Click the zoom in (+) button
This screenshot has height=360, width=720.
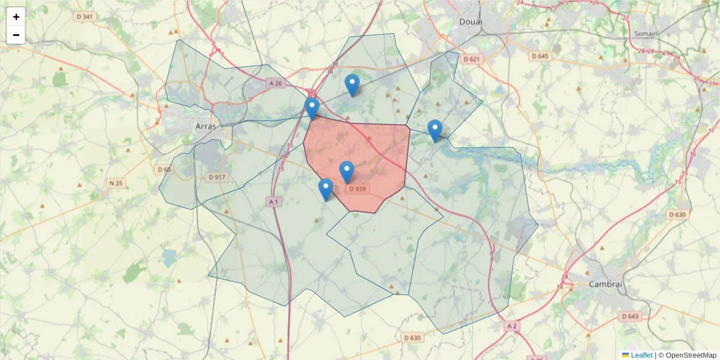point(16,17)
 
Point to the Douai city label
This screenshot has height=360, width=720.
point(470,22)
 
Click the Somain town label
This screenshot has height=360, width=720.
point(646,34)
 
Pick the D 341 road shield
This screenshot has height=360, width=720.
point(85,16)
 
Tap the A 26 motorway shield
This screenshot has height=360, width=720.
point(275,83)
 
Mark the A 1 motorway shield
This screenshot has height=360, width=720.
point(274,202)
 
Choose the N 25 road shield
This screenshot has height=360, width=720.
point(116,182)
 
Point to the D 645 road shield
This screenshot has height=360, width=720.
point(540,56)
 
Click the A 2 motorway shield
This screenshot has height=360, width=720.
point(511,325)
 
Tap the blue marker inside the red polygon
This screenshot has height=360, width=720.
point(347,173)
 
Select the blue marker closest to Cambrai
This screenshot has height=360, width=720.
point(435,131)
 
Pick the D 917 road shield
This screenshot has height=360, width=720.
point(217,177)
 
